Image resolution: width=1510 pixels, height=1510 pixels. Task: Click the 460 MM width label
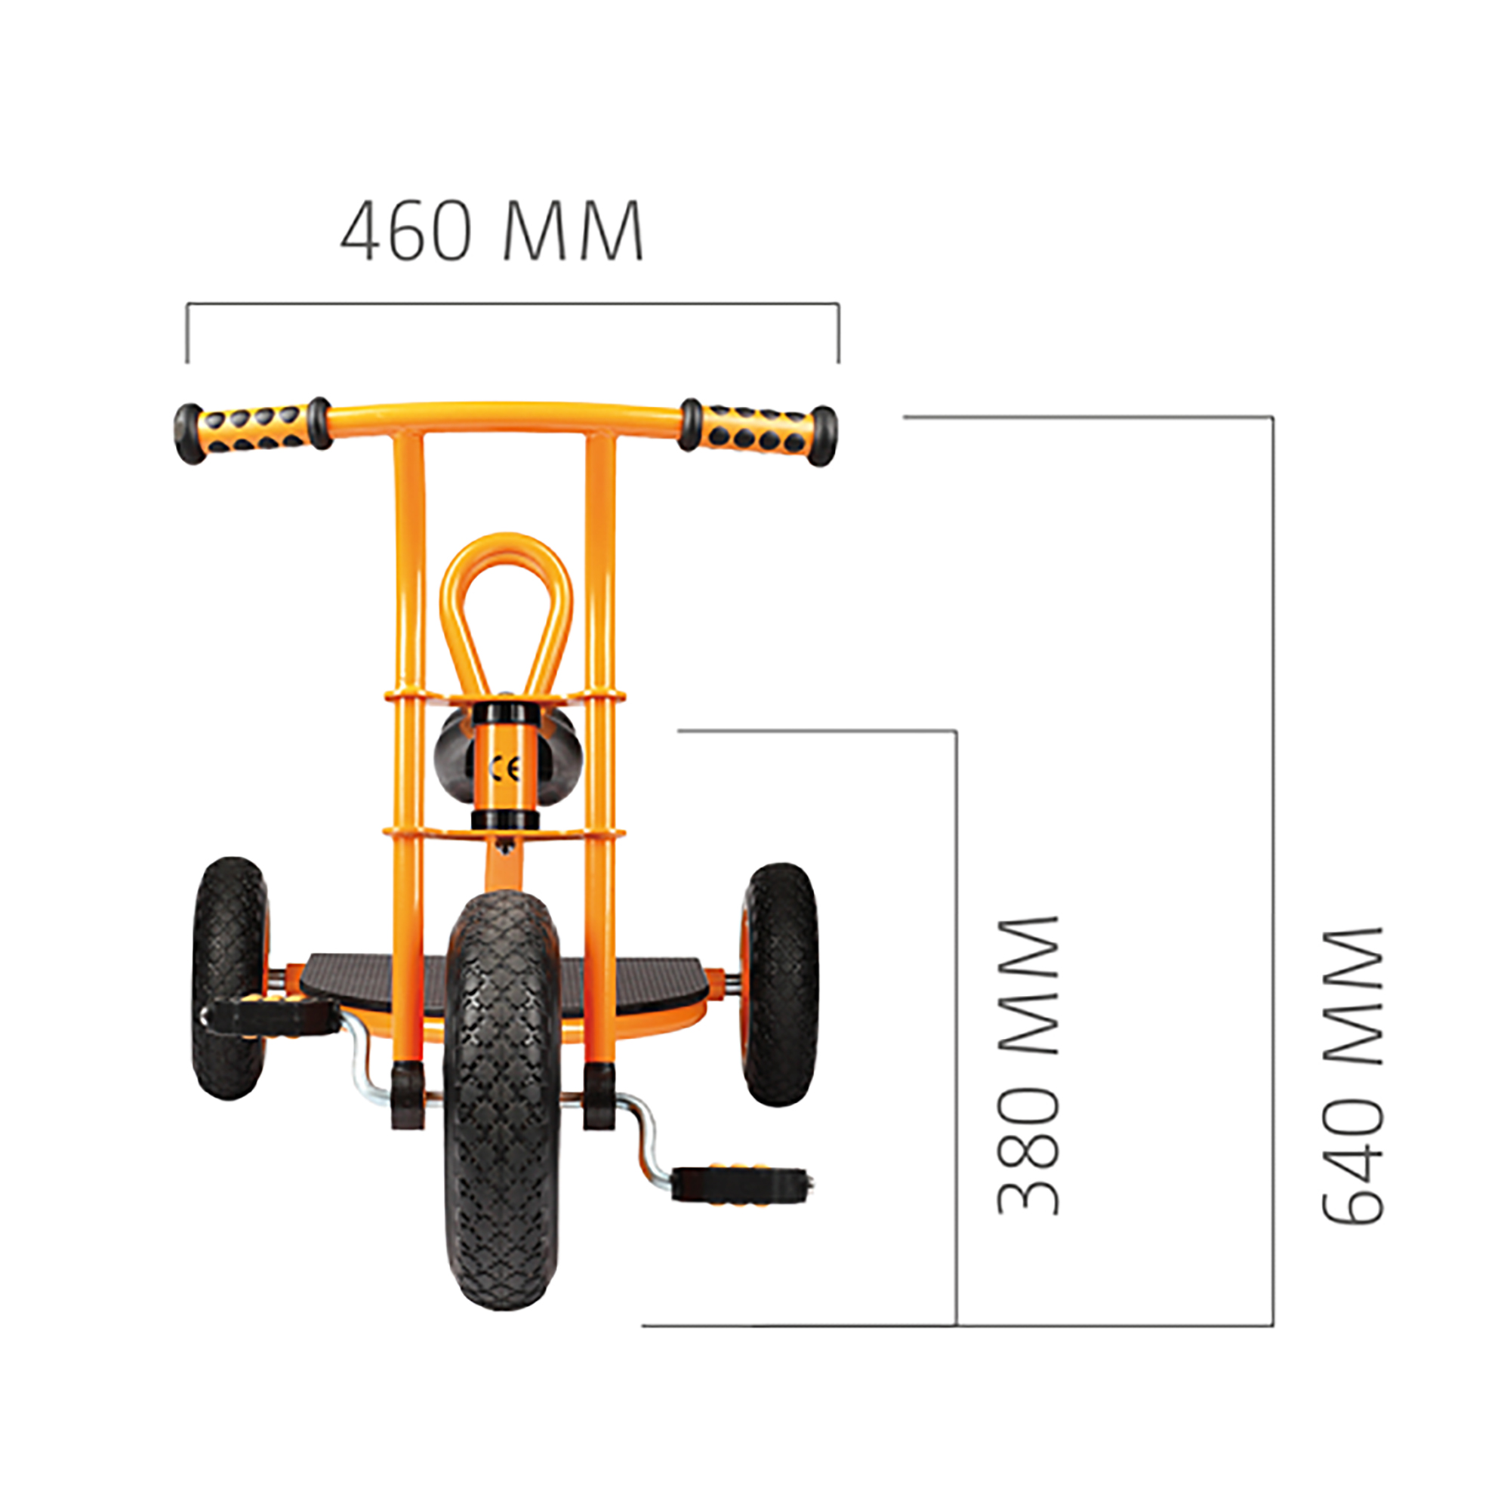point(492,231)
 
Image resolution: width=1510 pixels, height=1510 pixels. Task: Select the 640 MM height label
point(1352,1074)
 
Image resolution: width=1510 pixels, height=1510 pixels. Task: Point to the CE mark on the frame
point(505,769)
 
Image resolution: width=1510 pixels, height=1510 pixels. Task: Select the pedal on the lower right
point(738,1183)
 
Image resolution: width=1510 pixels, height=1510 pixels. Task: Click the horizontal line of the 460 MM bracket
point(513,304)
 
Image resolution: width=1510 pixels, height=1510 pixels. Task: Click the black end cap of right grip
point(822,436)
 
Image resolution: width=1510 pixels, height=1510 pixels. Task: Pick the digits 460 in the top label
point(406,231)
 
